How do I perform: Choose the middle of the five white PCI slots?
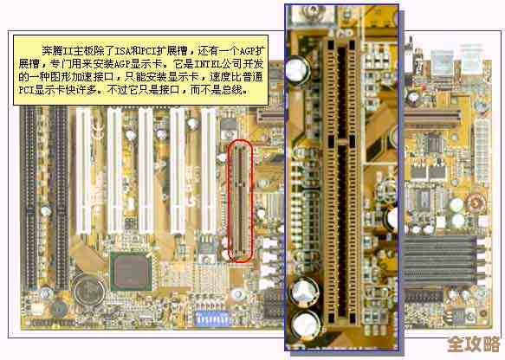tap(146, 173)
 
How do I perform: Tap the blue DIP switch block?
tap(212, 320)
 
